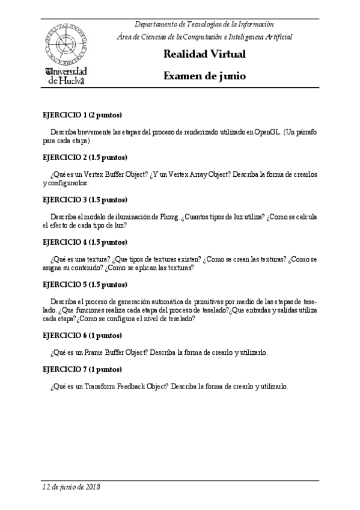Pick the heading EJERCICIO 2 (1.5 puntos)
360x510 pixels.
(x=85, y=158)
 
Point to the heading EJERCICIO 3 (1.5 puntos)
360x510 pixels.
(x=85, y=200)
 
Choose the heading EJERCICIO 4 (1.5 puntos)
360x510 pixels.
(x=85, y=242)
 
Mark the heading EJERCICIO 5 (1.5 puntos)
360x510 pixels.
(x=85, y=284)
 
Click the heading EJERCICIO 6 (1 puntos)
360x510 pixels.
(x=82, y=335)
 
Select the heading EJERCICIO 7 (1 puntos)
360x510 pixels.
(x=82, y=369)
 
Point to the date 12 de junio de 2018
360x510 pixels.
(x=71, y=487)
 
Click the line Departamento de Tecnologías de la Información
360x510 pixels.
(x=204, y=24)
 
